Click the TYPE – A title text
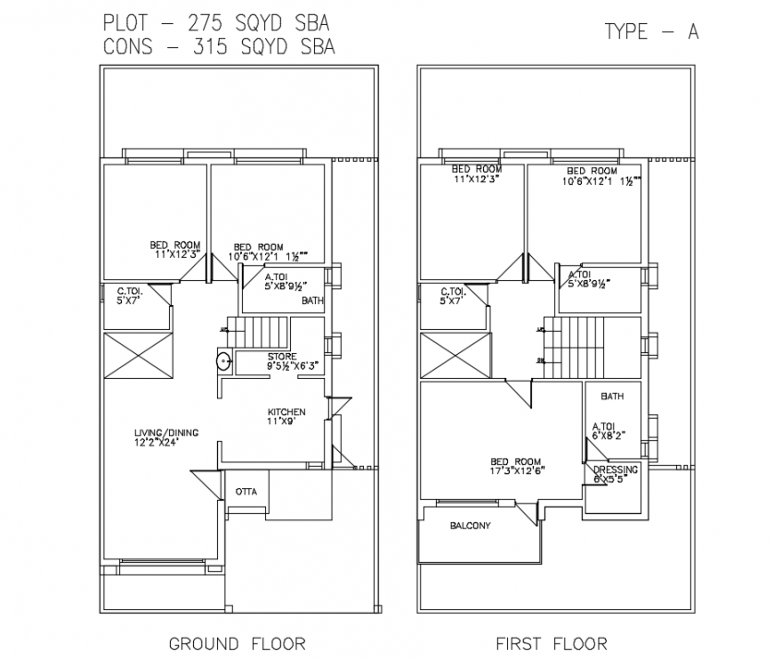pyautogui.click(x=651, y=31)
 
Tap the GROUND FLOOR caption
pyautogui.click(x=237, y=643)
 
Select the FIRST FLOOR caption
pyautogui.click(x=552, y=643)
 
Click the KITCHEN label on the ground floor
pyautogui.click(x=286, y=413)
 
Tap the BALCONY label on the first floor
pyautogui.click(x=470, y=526)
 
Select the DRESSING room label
pyautogui.click(x=616, y=470)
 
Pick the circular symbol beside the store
pyautogui.click(x=222, y=361)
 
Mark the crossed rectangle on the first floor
pyautogui.click(x=455, y=354)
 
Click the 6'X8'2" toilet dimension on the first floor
pyautogui.click(x=610, y=436)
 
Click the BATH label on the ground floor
pyautogui.click(x=312, y=301)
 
